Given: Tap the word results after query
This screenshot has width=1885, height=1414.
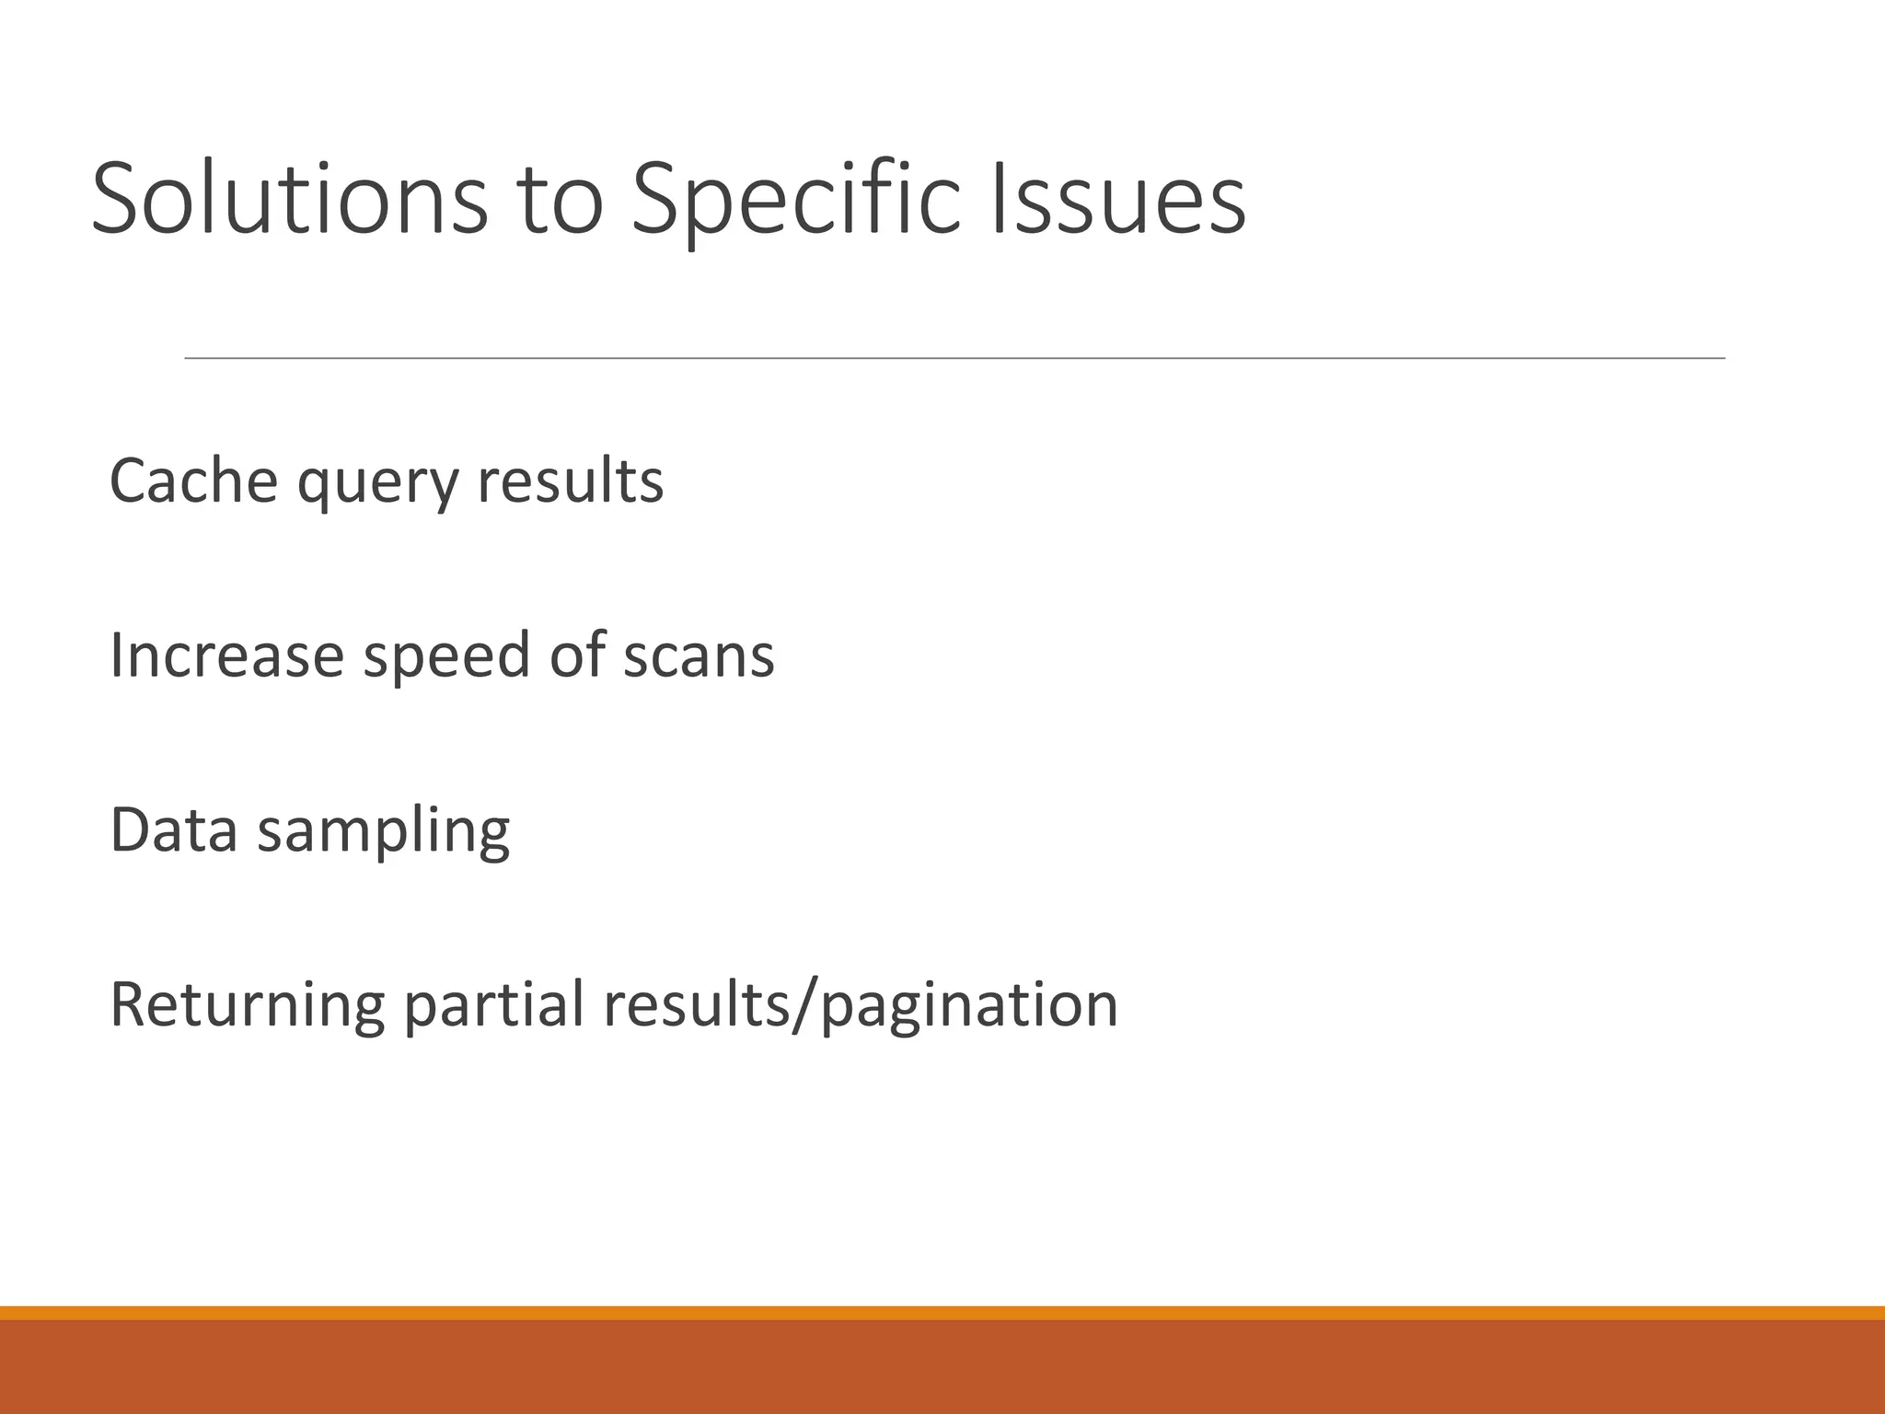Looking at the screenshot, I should point(570,481).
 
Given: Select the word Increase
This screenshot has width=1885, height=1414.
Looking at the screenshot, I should point(226,655).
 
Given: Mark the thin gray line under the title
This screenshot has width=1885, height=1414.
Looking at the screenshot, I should point(954,358).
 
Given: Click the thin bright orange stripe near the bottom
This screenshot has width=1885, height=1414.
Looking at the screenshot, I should point(942,1313).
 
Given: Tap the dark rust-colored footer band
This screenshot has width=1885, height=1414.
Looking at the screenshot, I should point(942,1368).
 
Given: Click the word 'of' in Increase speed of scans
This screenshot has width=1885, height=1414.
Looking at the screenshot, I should point(577,655).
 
